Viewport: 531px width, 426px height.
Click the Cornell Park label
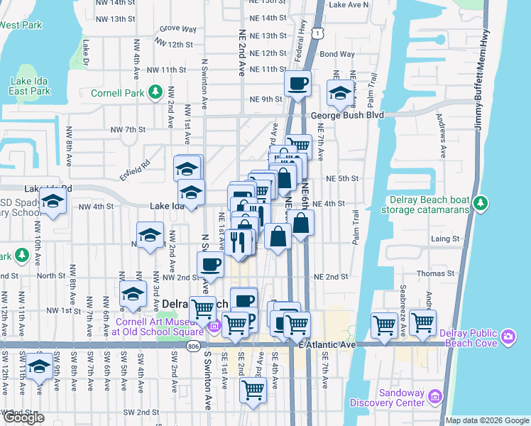click(x=118, y=93)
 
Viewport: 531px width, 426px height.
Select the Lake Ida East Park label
click(x=30, y=86)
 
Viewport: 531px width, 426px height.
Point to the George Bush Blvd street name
click(x=346, y=114)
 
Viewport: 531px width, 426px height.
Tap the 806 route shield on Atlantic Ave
click(x=194, y=346)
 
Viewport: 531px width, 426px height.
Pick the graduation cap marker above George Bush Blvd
click(x=341, y=93)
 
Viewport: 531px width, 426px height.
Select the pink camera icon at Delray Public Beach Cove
click(x=508, y=335)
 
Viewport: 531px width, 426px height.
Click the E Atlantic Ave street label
click(x=327, y=344)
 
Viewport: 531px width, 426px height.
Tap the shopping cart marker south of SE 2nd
click(x=253, y=390)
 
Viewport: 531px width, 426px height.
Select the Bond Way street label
click(x=337, y=54)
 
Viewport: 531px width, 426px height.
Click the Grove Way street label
click(x=177, y=29)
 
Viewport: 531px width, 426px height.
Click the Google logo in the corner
click(x=23, y=417)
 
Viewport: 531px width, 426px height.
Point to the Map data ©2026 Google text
click(x=487, y=420)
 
